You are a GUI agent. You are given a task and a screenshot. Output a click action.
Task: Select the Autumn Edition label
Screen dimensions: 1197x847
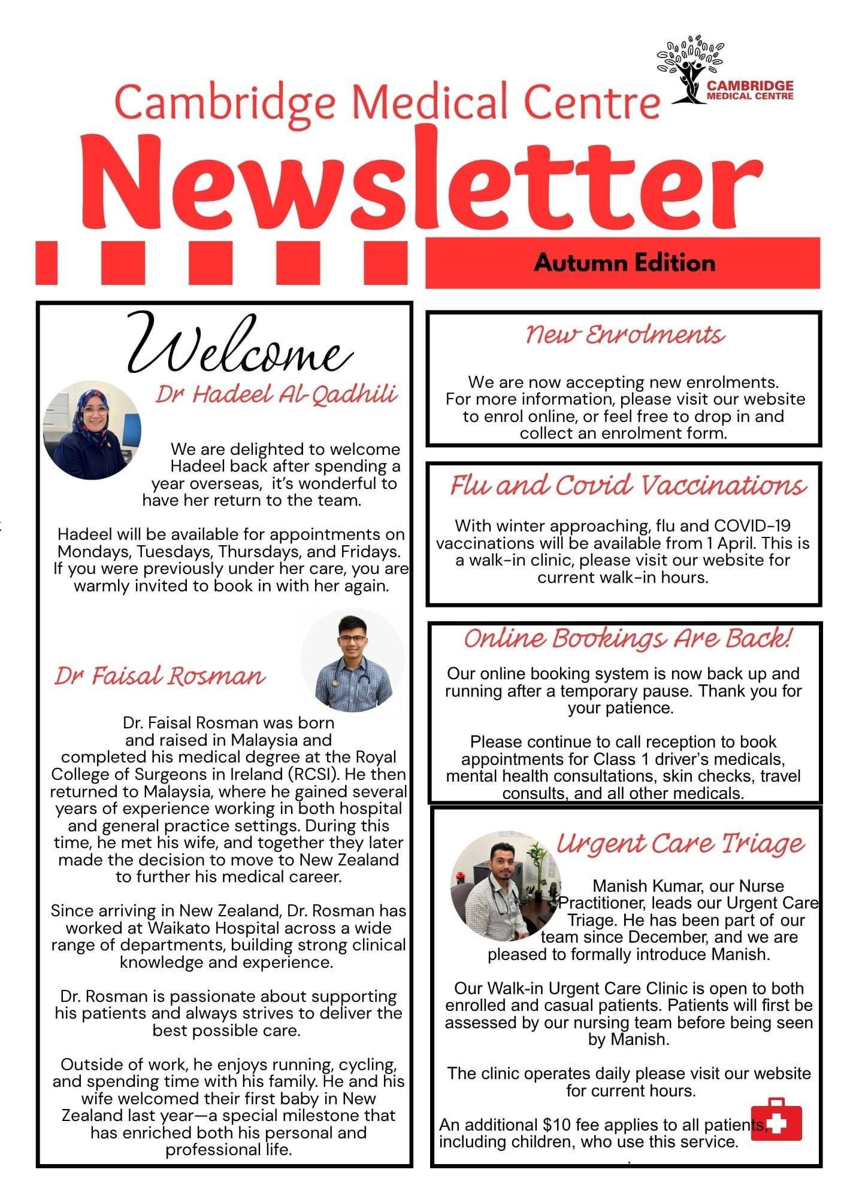(625, 263)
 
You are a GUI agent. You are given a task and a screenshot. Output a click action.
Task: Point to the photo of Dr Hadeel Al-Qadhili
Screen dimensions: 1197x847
(92, 430)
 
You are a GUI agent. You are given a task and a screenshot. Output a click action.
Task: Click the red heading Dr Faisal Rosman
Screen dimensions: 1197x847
(159, 676)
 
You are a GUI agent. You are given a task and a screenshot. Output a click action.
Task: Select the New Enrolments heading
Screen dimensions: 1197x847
(625, 335)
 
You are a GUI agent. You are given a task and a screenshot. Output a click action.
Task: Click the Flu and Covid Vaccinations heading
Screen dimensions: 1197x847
(628, 485)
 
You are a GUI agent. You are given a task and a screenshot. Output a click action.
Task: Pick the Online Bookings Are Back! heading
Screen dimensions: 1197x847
(627, 638)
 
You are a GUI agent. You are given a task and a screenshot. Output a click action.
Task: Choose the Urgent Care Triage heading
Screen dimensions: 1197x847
(680, 843)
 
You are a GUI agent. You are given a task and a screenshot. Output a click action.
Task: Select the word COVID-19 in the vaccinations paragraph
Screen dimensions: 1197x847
(752, 526)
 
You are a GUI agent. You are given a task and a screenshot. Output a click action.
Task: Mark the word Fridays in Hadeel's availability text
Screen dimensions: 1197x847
(370, 551)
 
